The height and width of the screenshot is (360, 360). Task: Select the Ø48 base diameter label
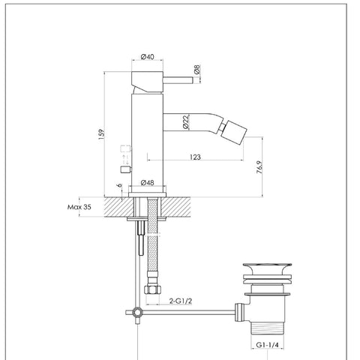(x=147, y=182)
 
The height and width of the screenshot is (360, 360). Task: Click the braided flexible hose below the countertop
(x=155, y=240)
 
